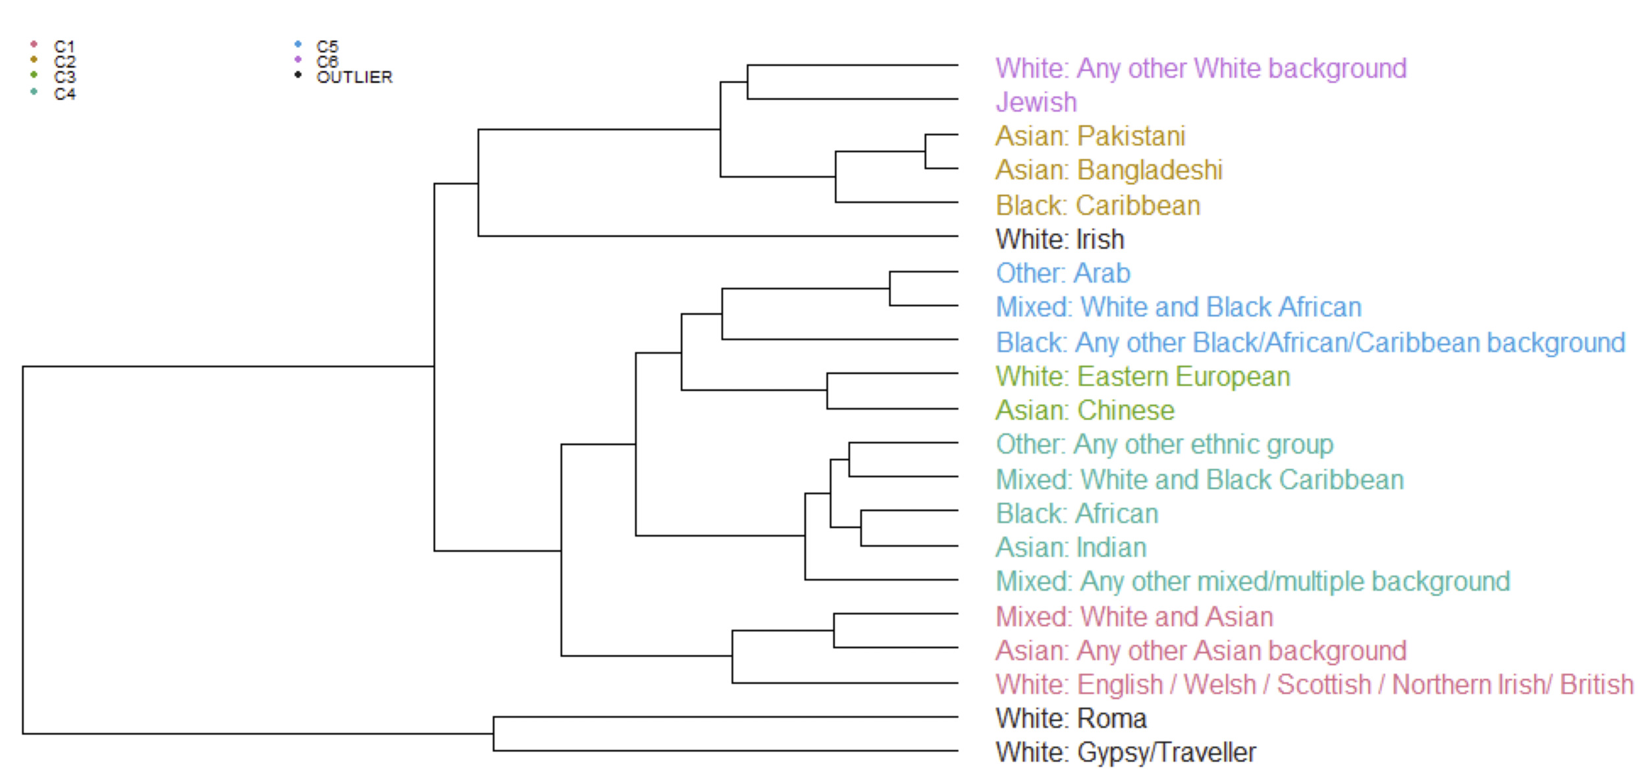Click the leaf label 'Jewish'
[x=1036, y=102]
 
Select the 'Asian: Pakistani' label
[x=1090, y=136]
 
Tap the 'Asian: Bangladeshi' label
[x=1109, y=170]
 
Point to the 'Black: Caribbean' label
[x=1098, y=205]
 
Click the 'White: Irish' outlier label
[x=1060, y=239]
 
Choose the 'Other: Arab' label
[x=1063, y=273]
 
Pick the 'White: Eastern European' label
[x=1143, y=377]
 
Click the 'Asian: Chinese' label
[x=1085, y=410]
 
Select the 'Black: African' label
[x=1077, y=514]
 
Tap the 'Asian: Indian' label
[x=1071, y=547]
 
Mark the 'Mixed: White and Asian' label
[x=1134, y=616]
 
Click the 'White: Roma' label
[x=1071, y=718]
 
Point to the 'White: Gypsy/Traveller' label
[x=1126, y=753]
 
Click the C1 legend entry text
[x=65, y=47]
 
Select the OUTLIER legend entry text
[x=354, y=77]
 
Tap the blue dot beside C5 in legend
[x=298, y=44]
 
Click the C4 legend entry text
[x=65, y=94]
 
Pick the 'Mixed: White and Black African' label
[x=1179, y=307]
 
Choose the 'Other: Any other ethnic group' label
[x=1165, y=444]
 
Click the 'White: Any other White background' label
[x=1201, y=68]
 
